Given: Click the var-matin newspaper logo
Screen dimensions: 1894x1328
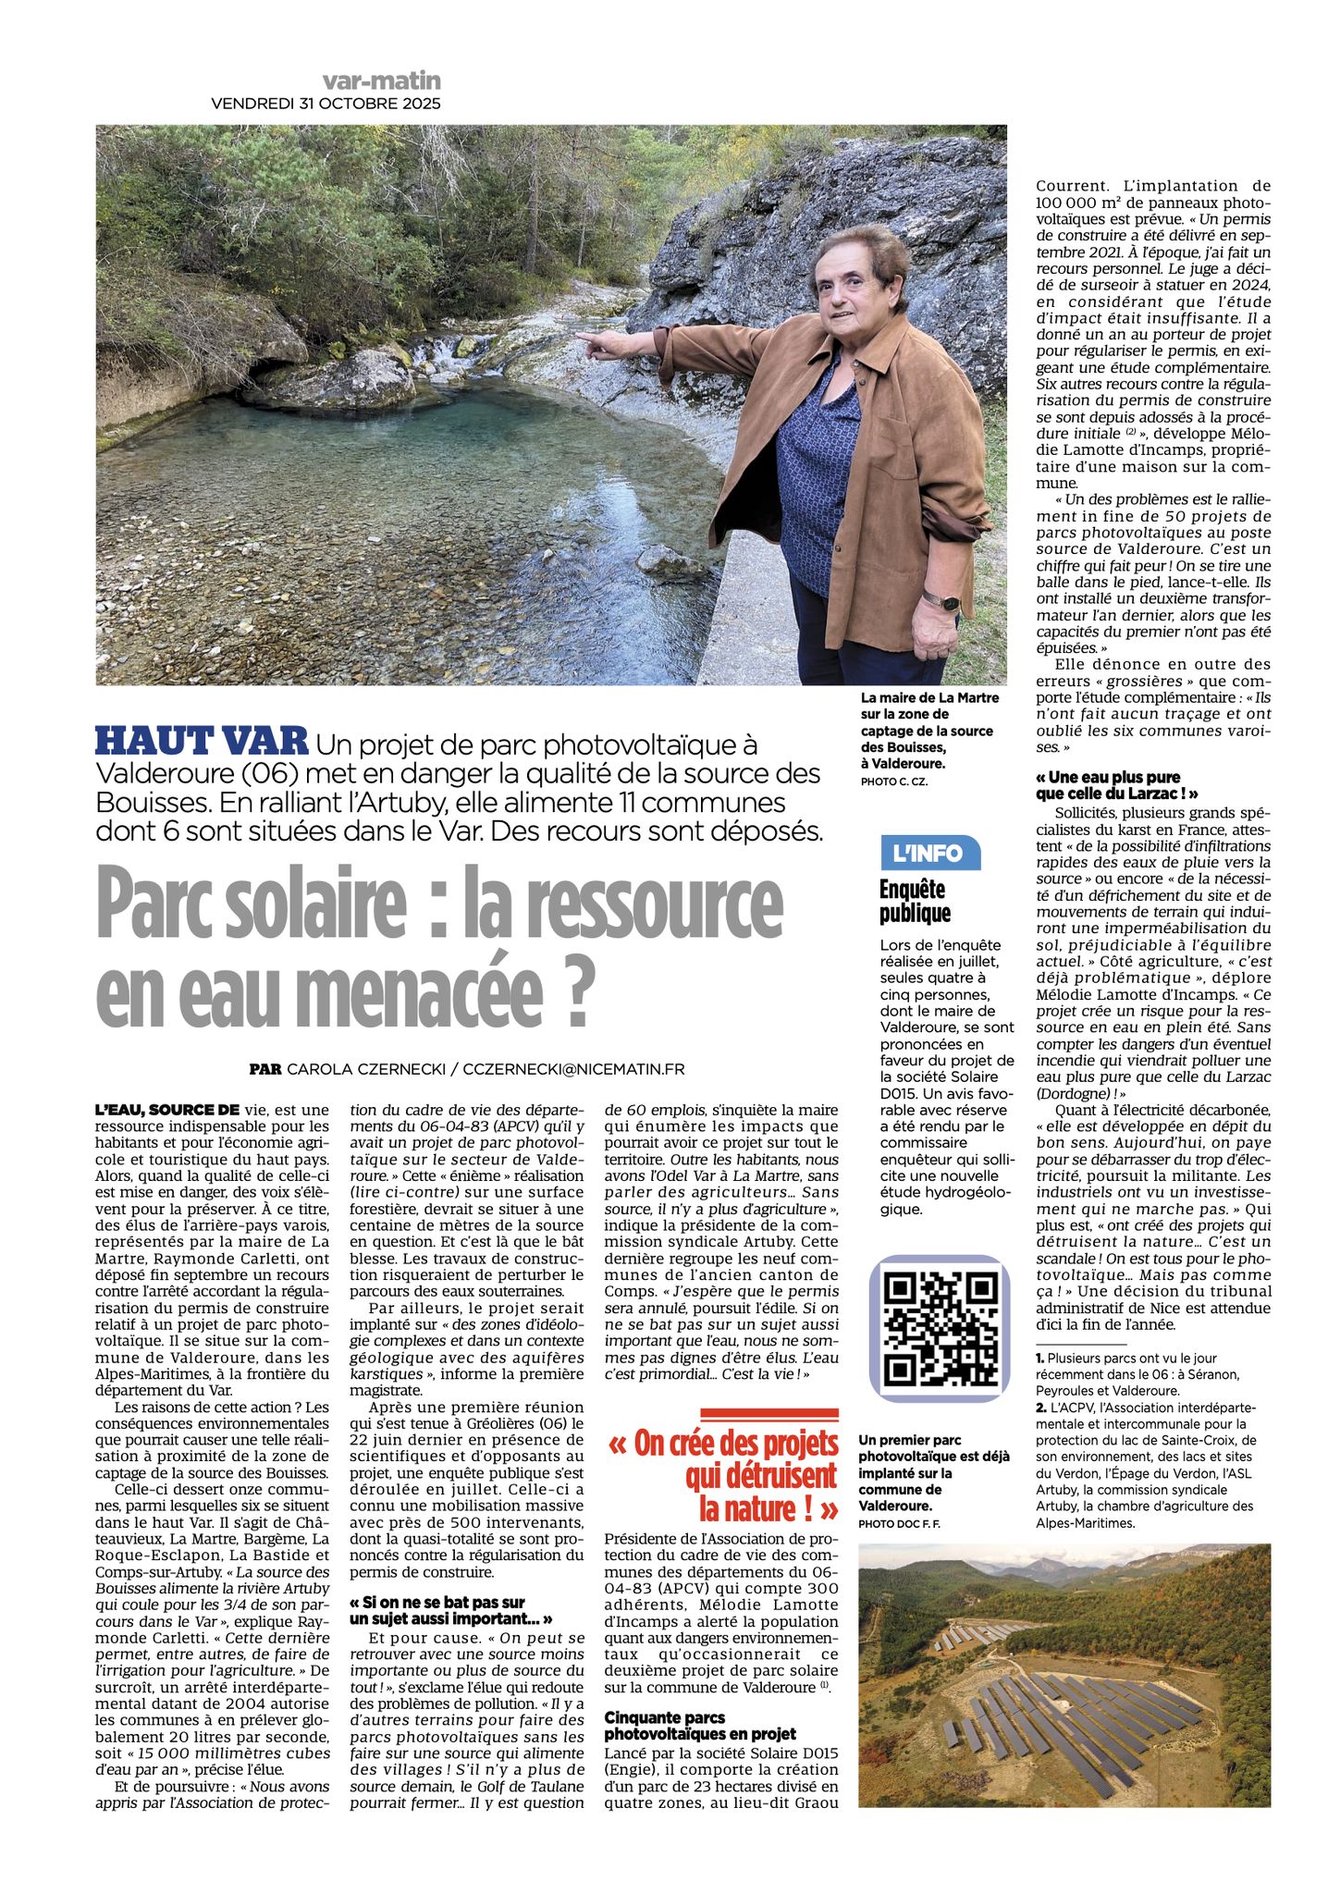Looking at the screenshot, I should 381,81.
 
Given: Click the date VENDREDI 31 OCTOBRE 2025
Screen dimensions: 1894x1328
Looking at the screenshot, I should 326,104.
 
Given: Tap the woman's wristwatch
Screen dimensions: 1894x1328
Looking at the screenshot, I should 941,602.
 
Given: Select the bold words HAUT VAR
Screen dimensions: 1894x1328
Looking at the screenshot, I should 202,741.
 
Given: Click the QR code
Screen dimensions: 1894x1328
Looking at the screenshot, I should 940,1327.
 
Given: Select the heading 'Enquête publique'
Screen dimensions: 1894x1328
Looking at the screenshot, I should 915,901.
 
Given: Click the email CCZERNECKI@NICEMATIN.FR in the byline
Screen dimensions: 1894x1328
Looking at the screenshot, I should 572,1069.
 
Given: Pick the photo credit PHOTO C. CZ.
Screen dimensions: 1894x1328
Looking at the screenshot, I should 893,781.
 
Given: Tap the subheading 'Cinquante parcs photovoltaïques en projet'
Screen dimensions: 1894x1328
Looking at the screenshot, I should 699,1726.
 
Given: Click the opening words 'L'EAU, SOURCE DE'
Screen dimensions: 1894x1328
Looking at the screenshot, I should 167,1110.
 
